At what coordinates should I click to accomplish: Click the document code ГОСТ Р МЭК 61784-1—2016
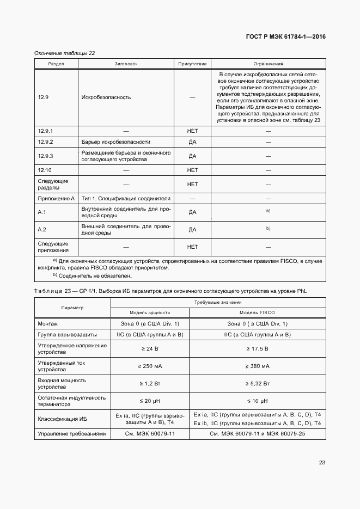(x=286, y=37)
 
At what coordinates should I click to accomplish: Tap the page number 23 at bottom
(x=322, y=463)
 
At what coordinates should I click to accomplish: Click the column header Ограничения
(x=268, y=64)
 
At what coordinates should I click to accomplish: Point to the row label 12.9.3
(x=45, y=156)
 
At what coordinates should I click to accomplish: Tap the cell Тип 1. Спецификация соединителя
(x=126, y=199)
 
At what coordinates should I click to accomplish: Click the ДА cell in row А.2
(x=192, y=230)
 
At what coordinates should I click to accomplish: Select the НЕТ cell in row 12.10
(x=192, y=170)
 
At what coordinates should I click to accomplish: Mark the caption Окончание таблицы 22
(x=65, y=53)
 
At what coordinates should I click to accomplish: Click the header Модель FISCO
(x=257, y=313)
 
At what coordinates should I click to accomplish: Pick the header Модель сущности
(x=150, y=313)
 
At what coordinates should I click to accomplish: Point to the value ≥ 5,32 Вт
(x=257, y=384)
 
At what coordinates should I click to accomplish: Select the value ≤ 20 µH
(x=150, y=401)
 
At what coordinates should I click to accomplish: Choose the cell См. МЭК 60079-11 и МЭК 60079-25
(x=257, y=434)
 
